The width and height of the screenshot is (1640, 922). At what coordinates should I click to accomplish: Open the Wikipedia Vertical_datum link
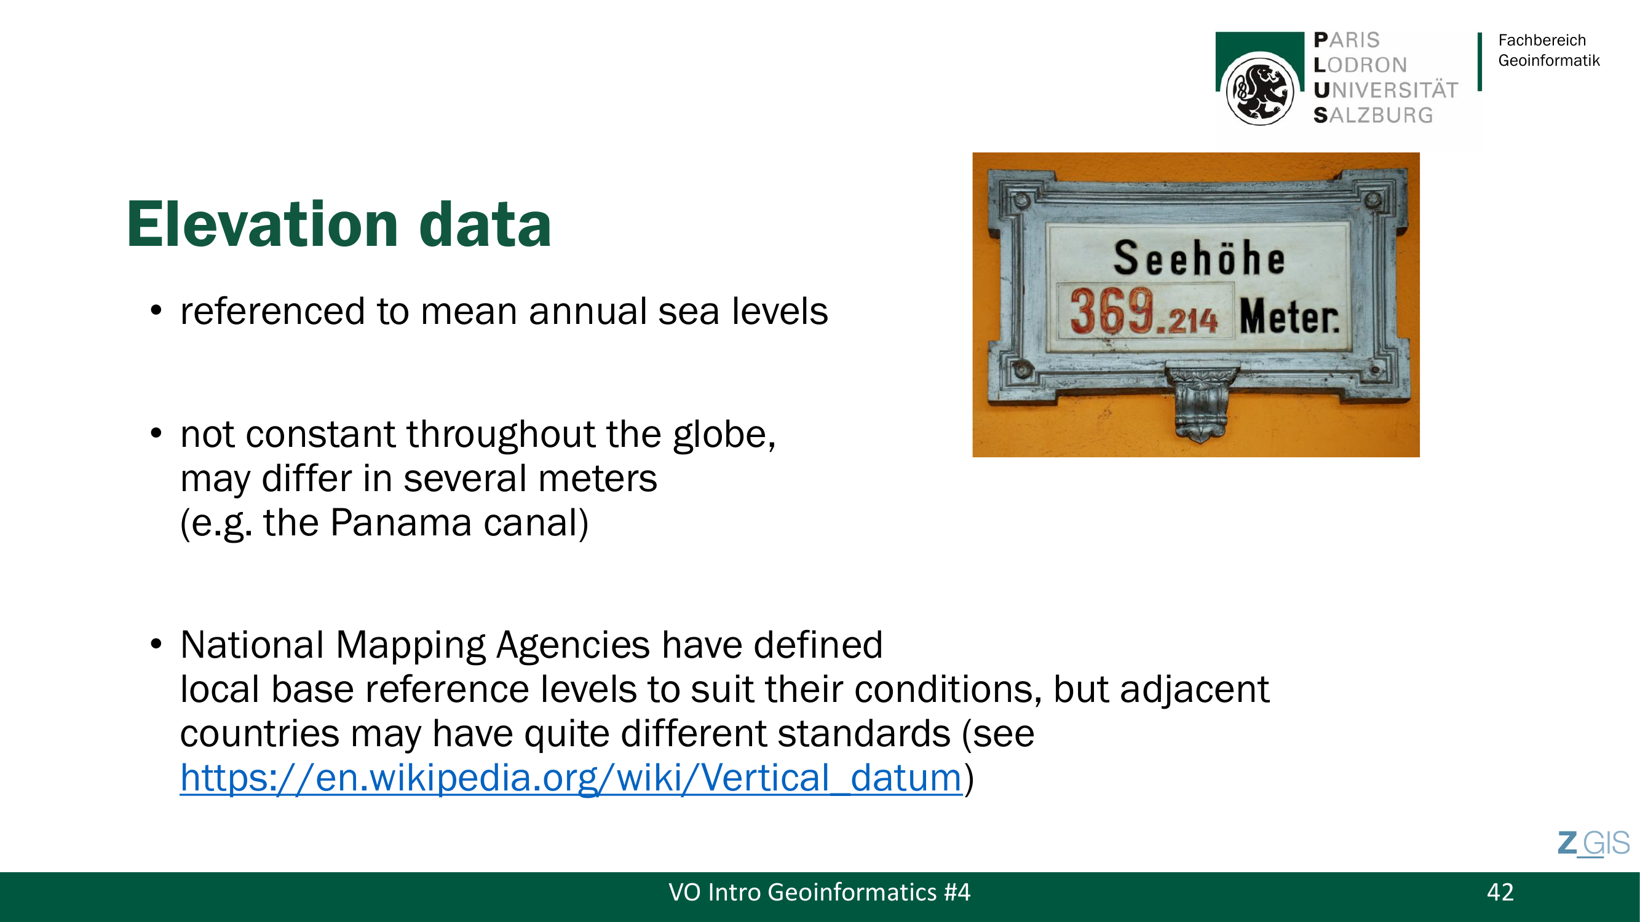pos(571,778)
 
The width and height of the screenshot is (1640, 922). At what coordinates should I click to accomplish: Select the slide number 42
pos(1500,892)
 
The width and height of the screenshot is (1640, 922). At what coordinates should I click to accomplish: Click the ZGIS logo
pos(1593,844)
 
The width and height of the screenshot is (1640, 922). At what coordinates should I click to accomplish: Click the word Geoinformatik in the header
pos(1548,60)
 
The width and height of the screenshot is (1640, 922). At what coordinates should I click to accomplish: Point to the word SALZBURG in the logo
pos(1373,115)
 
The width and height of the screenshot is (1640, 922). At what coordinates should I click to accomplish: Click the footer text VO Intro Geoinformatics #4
pos(819,892)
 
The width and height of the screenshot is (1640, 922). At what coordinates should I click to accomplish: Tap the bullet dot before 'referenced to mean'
pos(156,310)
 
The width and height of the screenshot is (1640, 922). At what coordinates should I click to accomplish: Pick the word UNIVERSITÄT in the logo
pos(1385,90)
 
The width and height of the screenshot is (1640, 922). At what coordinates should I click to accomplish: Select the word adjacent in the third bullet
pos(1194,689)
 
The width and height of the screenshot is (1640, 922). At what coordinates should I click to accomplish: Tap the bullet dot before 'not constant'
pos(156,434)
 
